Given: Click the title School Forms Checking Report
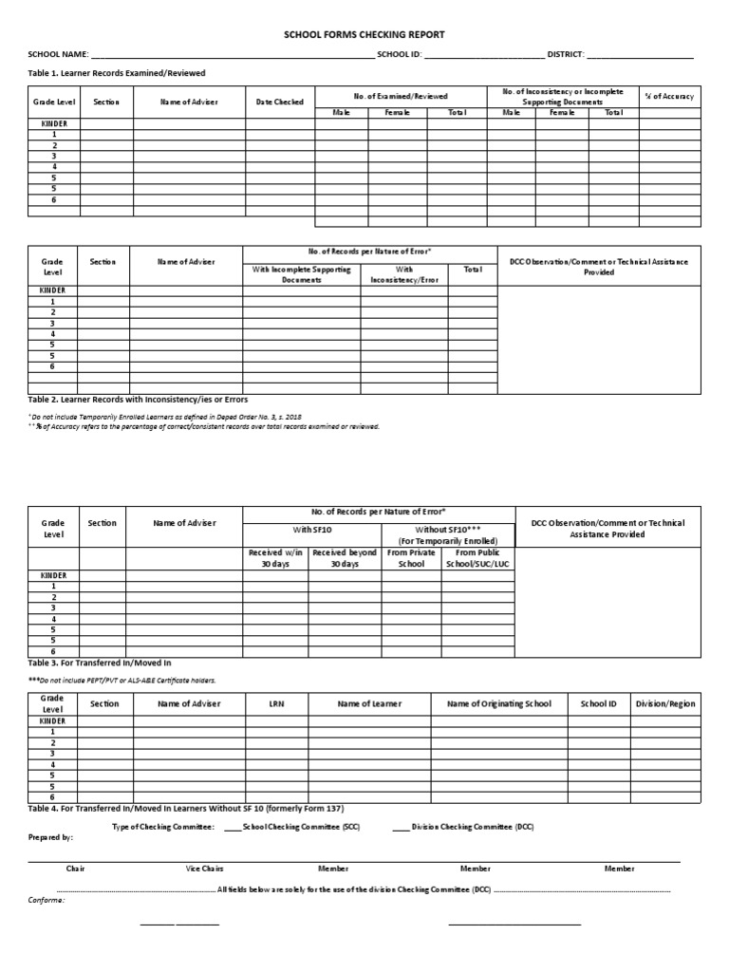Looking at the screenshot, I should click(364, 34).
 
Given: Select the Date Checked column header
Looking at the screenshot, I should click(280, 102).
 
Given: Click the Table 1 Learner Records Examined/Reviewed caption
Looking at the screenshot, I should click(117, 73).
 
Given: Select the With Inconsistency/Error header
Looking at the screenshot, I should click(403, 275).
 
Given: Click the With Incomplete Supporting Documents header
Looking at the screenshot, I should click(301, 275).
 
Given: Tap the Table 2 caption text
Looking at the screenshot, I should click(138, 400).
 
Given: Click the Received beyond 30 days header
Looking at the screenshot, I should click(345, 558).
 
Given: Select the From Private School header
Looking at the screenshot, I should click(411, 558).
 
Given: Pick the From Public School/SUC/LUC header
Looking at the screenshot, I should click(477, 558).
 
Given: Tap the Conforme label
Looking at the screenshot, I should click(47, 899).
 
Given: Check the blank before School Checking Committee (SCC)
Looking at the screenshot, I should click(233, 828).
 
